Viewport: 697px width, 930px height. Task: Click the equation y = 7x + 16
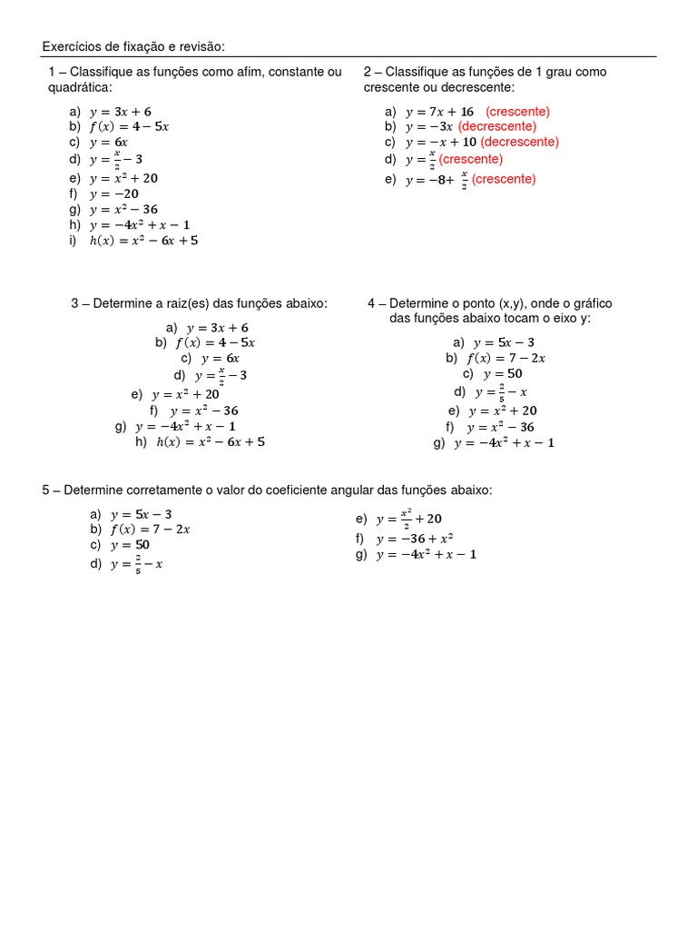click(x=440, y=112)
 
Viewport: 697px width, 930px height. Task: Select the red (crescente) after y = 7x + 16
click(x=517, y=112)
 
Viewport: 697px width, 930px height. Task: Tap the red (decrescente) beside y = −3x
click(x=496, y=126)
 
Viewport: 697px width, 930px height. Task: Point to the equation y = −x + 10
click(x=441, y=142)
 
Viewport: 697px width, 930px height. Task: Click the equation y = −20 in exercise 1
click(x=114, y=193)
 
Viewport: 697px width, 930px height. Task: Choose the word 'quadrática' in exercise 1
click(x=79, y=87)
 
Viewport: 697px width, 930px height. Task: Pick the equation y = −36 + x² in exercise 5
click(x=415, y=539)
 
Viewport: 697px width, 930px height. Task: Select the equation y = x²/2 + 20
click(x=409, y=519)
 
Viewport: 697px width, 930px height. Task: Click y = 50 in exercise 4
click(x=503, y=373)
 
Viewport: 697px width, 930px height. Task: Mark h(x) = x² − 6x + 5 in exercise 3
click(x=211, y=442)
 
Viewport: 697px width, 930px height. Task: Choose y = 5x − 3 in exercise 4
click(x=504, y=342)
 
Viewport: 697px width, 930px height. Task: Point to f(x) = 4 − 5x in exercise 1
click(x=129, y=126)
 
